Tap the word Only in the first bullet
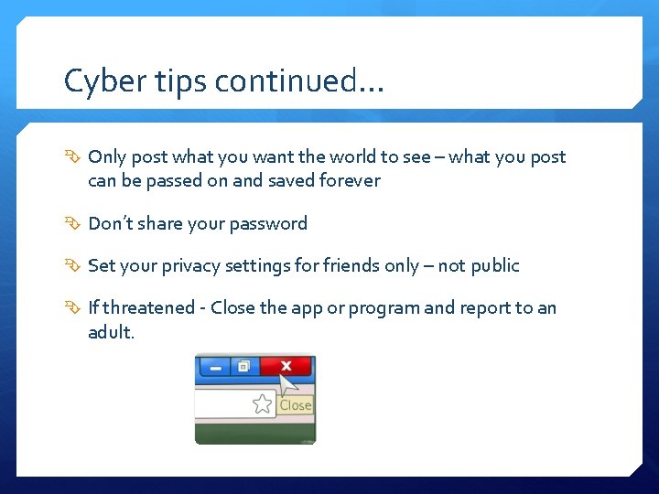coord(107,157)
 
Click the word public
coord(493,266)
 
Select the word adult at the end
coord(111,332)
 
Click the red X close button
coord(286,366)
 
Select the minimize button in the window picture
coord(215,367)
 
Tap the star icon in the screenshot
coord(263,403)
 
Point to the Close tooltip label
coord(296,405)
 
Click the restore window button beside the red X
coord(243,366)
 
